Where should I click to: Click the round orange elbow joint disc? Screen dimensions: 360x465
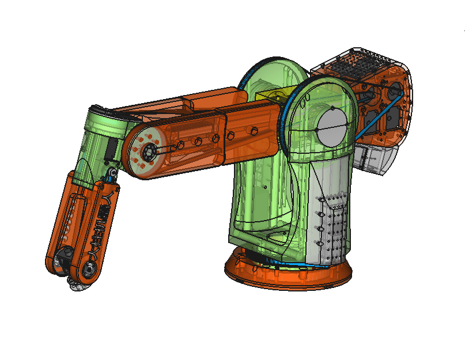click(x=147, y=153)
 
